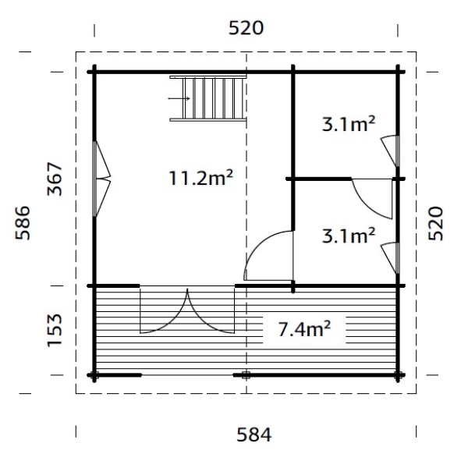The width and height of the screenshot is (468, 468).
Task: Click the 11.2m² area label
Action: tap(201, 178)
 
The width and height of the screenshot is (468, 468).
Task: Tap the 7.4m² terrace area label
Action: tap(304, 329)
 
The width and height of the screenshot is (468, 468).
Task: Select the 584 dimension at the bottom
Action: tap(254, 435)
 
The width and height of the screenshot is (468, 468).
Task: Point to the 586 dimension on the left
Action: tap(23, 222)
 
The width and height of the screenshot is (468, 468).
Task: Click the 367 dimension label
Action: tap(55, 179)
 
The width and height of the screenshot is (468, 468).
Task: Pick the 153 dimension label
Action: tap(55, 330)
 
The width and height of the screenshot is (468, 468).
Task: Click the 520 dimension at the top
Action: tap(246, 28)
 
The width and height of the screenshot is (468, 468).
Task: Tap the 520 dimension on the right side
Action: tap(436, 223)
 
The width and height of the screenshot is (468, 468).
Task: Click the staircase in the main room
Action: tap(208, 98)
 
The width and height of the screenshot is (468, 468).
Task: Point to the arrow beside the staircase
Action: tap(179, 98)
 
